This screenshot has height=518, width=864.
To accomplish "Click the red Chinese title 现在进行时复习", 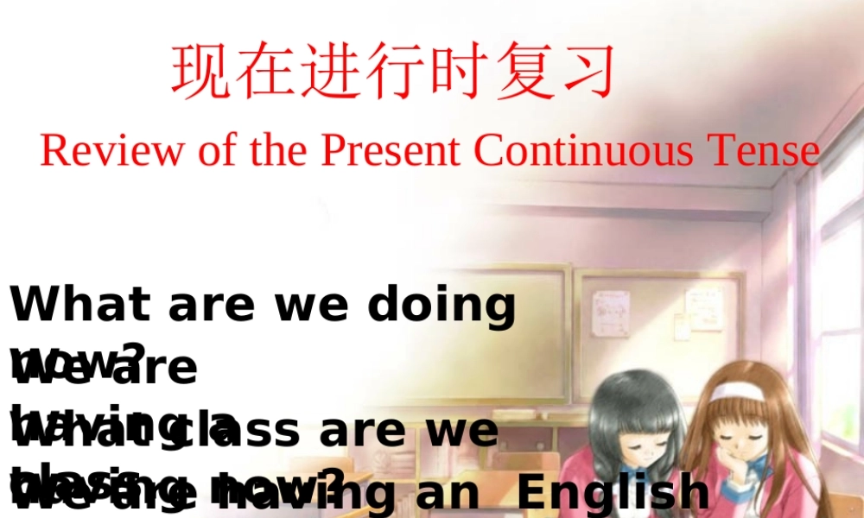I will (x=394, y=71).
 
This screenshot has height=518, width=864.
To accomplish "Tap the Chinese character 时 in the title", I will (x=459, y=71).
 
